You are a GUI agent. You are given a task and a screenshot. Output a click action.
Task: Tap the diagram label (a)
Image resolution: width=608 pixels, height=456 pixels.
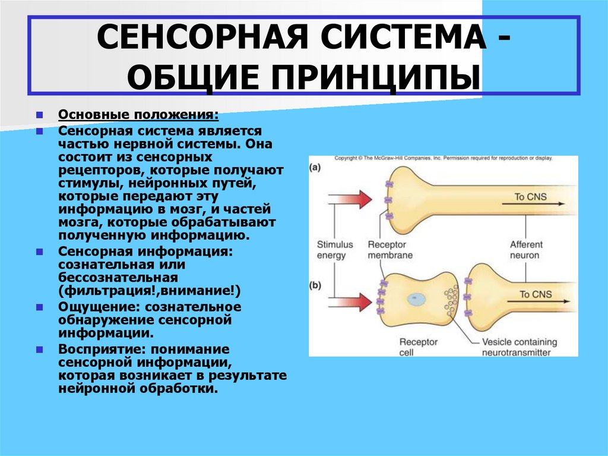pyautogui.click(x=315, y=168)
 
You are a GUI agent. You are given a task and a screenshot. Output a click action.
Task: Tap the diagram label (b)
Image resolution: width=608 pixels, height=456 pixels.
pyautogui.click(x=315, y=285)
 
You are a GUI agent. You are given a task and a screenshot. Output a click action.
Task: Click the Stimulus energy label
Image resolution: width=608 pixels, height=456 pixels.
pyautogui.click(x=334, y=250)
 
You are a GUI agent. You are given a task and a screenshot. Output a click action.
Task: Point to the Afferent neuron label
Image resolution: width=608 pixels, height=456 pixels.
pyautogui.click(x=525, y=250)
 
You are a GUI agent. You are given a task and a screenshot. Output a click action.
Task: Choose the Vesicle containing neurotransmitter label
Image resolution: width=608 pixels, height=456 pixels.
pyautogui.click(x=519, y=347)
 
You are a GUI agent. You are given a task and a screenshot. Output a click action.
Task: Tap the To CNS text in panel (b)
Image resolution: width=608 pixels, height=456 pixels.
pyautogui.click(x=536, y=294)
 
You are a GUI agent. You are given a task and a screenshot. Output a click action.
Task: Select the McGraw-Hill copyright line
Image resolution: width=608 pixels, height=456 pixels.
pyautogui.click(x=443, y=159)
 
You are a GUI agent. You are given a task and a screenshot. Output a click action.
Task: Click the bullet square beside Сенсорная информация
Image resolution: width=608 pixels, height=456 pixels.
pyautogui.click(x=39, y=251)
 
